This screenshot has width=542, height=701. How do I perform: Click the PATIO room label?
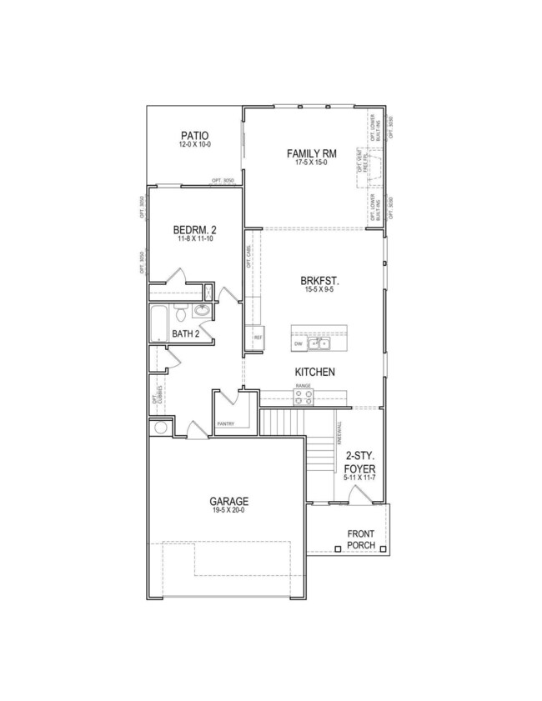[x=194, y=135]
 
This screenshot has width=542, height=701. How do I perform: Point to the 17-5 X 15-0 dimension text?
[x=311, y=163]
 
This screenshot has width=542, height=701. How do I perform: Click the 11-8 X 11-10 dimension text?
[x=196, y=239]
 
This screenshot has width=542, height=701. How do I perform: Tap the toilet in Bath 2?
[x=179, y=314]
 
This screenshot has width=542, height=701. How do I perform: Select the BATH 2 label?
[x=185, y=334]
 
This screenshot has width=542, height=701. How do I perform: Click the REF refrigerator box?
[x=258, y=337]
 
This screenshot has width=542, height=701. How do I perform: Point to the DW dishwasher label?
[x=298, y=344]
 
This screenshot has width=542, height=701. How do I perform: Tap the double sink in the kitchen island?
[x=319, y=343]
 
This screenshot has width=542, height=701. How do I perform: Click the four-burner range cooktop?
[x=303, y=398]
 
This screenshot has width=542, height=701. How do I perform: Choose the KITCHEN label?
[x=314, y=372]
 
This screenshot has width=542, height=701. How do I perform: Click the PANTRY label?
[x=226, y=423]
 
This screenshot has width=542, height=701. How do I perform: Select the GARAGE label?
[x=228, y=501]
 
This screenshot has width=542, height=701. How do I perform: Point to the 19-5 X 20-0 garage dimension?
[x=228, y=511]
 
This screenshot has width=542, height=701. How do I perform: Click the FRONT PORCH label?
[x=361, y=540]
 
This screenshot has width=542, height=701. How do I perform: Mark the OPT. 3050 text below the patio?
[x=223, y=181]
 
